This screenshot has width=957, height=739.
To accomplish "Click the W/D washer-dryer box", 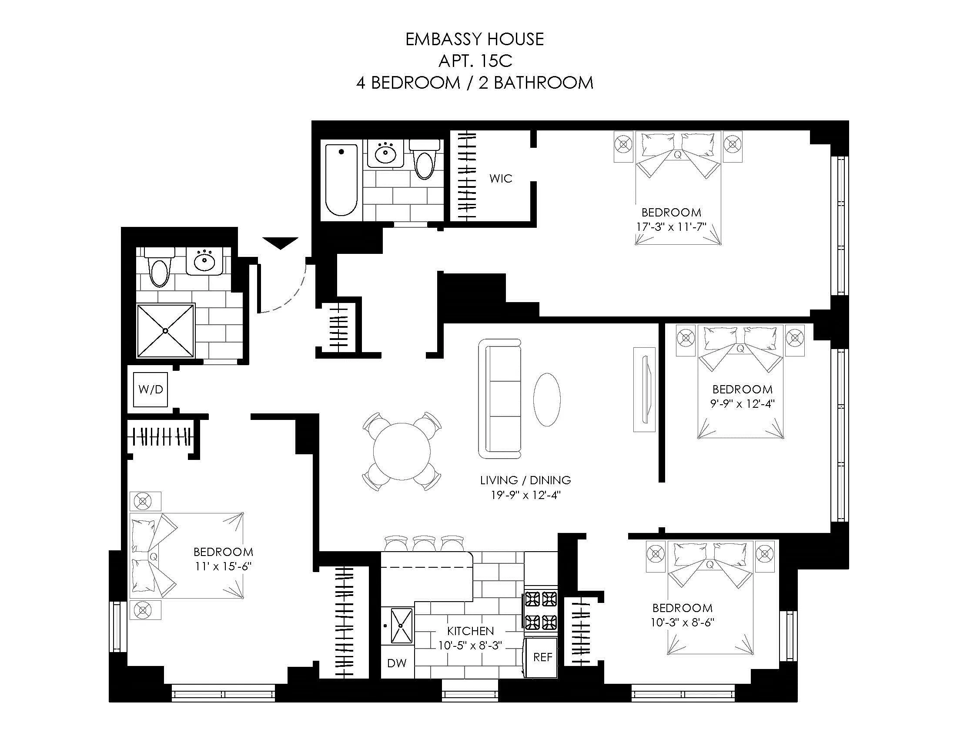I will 151,389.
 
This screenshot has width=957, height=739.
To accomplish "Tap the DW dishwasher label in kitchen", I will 397,663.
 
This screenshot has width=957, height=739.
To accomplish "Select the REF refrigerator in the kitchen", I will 542,657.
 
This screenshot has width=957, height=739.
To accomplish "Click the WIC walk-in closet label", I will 500,178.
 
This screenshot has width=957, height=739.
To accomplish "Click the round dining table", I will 402,451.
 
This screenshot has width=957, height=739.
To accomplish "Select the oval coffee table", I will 546,399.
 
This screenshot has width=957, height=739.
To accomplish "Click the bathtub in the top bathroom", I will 341,180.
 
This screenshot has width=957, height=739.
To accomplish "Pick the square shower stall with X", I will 165,330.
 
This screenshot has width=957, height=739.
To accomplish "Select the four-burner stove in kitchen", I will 541,610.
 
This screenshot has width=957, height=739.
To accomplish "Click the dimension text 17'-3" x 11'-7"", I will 670,227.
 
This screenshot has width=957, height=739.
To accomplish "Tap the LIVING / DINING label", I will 525,480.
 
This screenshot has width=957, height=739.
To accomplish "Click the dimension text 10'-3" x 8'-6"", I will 682,622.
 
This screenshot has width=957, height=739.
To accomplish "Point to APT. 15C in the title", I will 475,61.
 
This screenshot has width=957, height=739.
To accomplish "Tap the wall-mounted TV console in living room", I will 645,389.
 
